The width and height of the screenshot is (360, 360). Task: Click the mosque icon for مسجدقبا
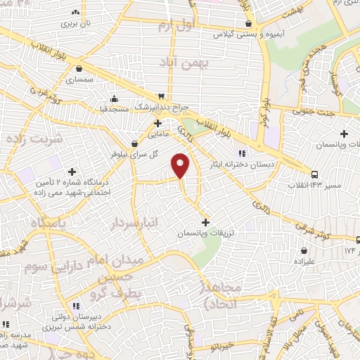point(115,98)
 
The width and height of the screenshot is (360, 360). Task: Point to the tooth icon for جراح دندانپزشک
point(162,96)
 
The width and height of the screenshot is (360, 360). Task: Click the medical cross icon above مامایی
point(158,122)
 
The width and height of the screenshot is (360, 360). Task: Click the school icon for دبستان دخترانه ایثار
point(240,153)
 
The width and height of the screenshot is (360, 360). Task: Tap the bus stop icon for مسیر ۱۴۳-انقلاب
point(314,174)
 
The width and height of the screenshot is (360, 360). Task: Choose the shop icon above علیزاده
point(304,250)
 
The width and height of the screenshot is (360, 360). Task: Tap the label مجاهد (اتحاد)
point(222,295)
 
